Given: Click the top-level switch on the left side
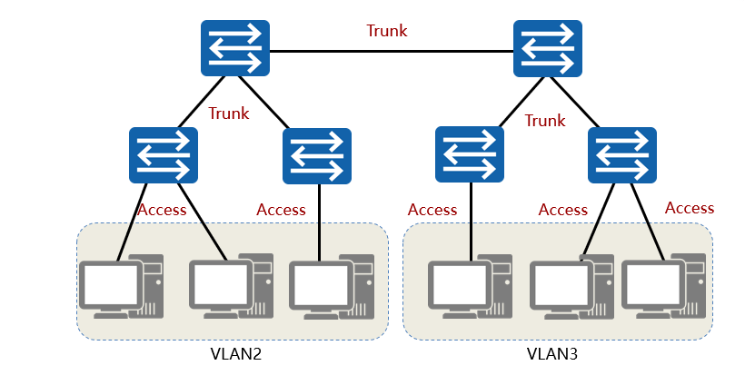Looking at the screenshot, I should [x=235, y=48].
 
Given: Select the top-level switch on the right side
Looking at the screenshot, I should [x=548, y=48].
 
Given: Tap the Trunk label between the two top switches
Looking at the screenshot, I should [x=387, y=31].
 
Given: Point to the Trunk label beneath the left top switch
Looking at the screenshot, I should [x=229, y=114].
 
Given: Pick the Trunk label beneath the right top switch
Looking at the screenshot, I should [x=545, y=121].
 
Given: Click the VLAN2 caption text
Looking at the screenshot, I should [x=235, y=353].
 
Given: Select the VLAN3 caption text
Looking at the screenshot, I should [x=552, y=353].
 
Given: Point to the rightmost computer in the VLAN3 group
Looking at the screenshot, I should [x=661, y=285].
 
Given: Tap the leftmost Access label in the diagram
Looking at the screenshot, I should [x=162, y=210].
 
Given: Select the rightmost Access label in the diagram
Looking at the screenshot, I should [x=690, y=208].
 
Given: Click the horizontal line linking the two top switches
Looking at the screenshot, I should [x=391, y=51].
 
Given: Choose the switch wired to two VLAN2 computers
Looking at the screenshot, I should [x=164, y=154].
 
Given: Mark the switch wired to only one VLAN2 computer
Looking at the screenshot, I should [x=317, y=156].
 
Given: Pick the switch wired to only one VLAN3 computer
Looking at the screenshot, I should [x=470, y=154].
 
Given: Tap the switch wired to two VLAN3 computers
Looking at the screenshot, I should [x=623, y=154].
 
